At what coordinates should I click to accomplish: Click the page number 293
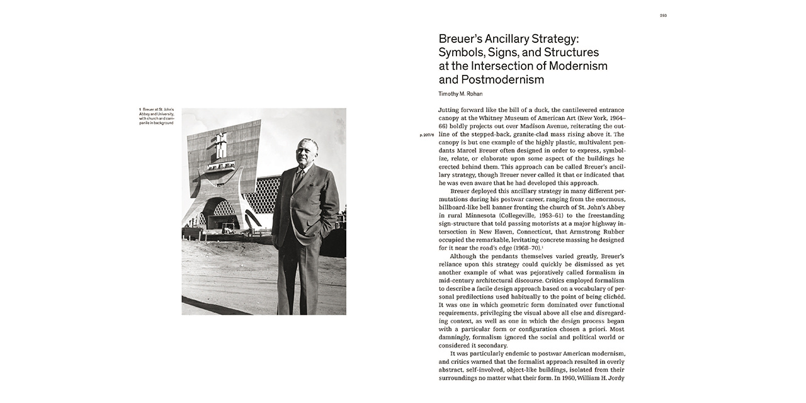click(x=663, y=15)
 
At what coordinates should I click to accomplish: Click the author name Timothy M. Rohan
click(x=460, y=94)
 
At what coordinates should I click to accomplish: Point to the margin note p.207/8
click(x=426, y=135)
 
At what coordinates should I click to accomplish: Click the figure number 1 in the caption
click(x=140, y=110)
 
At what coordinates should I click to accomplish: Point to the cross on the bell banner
click(x=220, y=144)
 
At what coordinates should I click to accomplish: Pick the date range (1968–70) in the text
click(x=522, y=248)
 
